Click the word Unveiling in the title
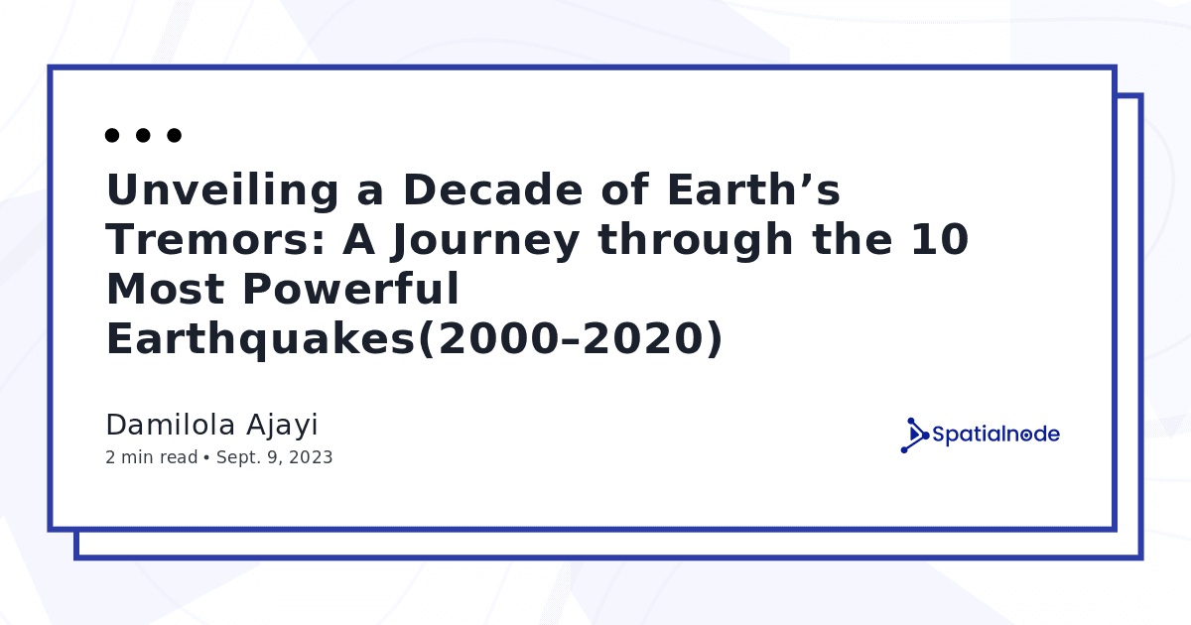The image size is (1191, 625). pos(222,190)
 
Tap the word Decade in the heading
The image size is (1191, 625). pos(493,189)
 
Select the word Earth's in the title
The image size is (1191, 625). pos(754,189)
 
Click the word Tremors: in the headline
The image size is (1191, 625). pos(215,240)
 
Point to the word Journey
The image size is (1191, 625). pos(485,242)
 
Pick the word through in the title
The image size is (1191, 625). pos(696,241)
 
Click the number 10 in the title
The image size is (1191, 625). pos(940,240)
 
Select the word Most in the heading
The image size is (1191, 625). pos(166,289)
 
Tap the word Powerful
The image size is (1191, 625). pos(350,288)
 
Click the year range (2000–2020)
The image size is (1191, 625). pos(570,338)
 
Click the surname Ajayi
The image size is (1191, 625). pos(282,426)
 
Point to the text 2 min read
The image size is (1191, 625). pos(152,457)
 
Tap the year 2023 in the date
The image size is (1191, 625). pos(311,457)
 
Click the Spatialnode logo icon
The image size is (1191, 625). pos(914,436)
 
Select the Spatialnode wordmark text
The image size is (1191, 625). pos(995,435)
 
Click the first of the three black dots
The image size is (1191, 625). pos(112,135)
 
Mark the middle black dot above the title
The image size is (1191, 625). pos(143,135)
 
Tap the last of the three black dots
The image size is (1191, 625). pos(174,135)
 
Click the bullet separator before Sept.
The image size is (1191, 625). pos(206,457)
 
